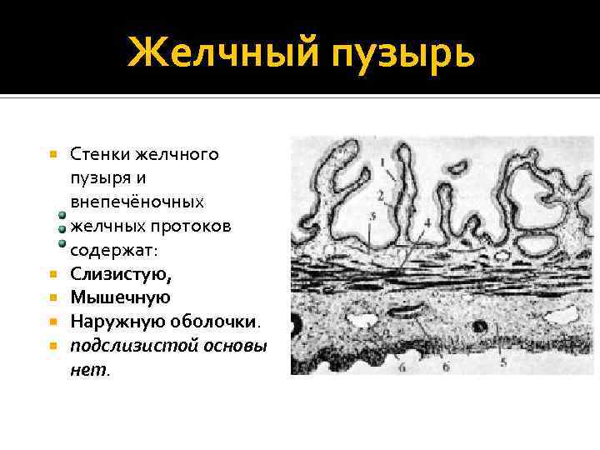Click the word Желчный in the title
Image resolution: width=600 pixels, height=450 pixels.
tap(222, 55)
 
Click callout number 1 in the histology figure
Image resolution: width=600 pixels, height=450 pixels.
tap(382, 161)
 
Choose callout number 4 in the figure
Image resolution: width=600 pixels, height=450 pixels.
tap(427, 222)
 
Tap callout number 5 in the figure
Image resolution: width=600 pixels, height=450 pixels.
tap(502, 362)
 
